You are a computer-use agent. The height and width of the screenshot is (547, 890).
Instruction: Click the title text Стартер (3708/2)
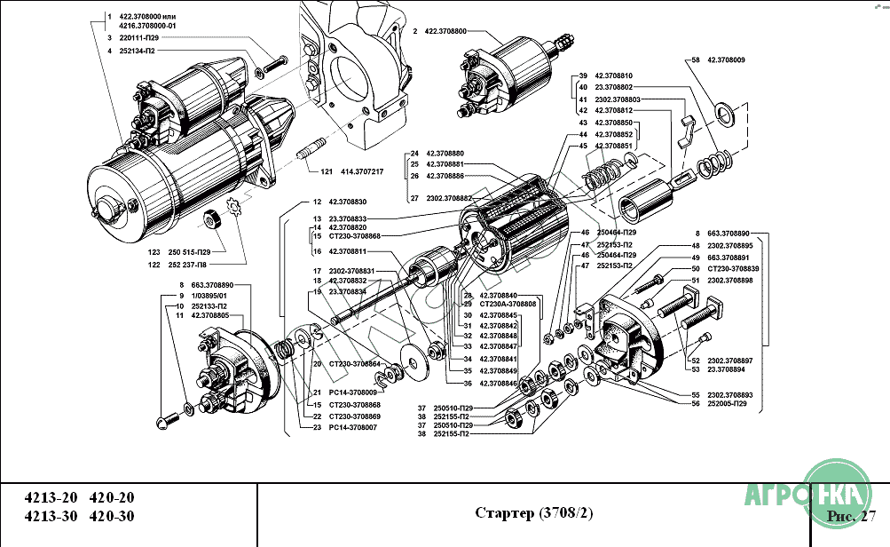coord(533,513)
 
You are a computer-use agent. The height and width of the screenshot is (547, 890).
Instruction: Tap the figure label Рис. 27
coord(850,516)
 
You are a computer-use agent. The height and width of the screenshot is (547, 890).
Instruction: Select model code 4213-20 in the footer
coord(49,497)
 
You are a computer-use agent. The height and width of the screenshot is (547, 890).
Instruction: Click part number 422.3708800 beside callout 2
coord(448,32)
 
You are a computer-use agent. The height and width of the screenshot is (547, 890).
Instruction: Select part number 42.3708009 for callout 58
coord(726,59)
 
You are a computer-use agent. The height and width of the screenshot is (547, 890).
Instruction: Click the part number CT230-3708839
coord(732,268)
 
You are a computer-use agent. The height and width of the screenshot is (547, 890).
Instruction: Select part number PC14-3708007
coord(353,427)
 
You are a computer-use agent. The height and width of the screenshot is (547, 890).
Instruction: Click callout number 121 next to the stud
coord(326,171)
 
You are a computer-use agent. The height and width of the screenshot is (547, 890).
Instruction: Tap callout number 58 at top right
coord(695,59)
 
